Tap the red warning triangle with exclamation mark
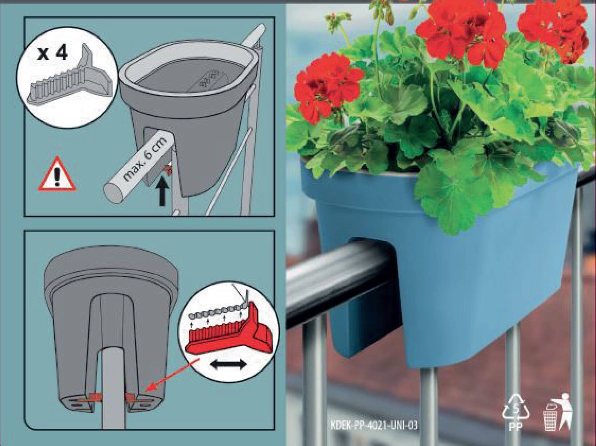coord(57,174)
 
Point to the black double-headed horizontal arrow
coord(229,364)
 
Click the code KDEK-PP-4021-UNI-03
coord(374,425)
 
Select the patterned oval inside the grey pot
coord(207,81)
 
